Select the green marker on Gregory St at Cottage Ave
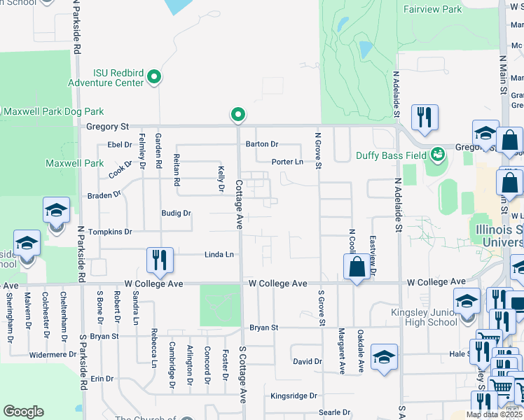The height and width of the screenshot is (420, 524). coord(238,114)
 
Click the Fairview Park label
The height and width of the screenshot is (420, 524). coord(432,10)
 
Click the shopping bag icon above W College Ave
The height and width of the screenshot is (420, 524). coord(357,267)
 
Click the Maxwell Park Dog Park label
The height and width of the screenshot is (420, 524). coord(53,111)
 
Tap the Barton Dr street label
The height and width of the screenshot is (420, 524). coord(262,144)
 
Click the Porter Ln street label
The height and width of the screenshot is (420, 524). coord(287,162)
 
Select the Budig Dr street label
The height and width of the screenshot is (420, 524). coord(177,213)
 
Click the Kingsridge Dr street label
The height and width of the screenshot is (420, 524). coord(294,396)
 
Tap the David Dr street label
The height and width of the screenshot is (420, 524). coord(307,362)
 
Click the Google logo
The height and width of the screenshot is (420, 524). coord(23,412)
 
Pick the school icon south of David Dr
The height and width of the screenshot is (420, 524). coord(384,356)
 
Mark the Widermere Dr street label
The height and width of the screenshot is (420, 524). coord(53,355)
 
